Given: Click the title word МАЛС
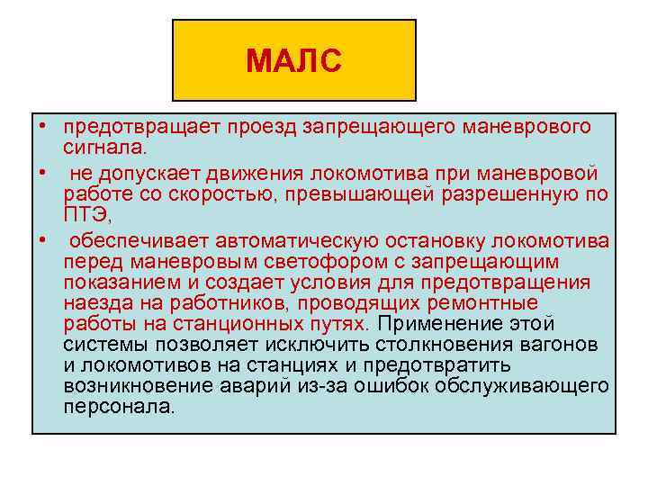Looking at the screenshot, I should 293,62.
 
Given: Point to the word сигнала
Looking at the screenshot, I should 103,145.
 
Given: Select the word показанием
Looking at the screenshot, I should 117,282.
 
